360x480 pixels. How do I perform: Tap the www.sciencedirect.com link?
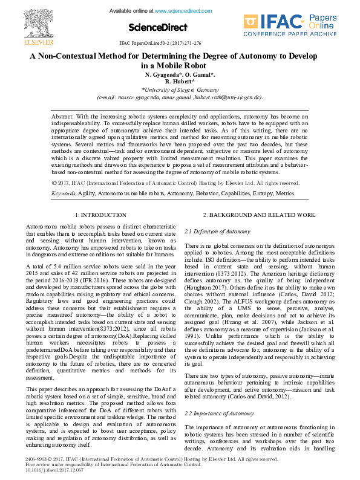[x=185, y=11]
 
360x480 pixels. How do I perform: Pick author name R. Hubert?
[x=180, y=81]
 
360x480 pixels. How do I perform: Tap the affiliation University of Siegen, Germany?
[x=180, y=89]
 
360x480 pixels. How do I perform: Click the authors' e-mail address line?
[x=180, y=96]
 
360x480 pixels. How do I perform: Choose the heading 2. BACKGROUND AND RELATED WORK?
[x=250, y=215]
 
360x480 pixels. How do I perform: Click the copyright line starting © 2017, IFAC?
[x=175, y=183]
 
